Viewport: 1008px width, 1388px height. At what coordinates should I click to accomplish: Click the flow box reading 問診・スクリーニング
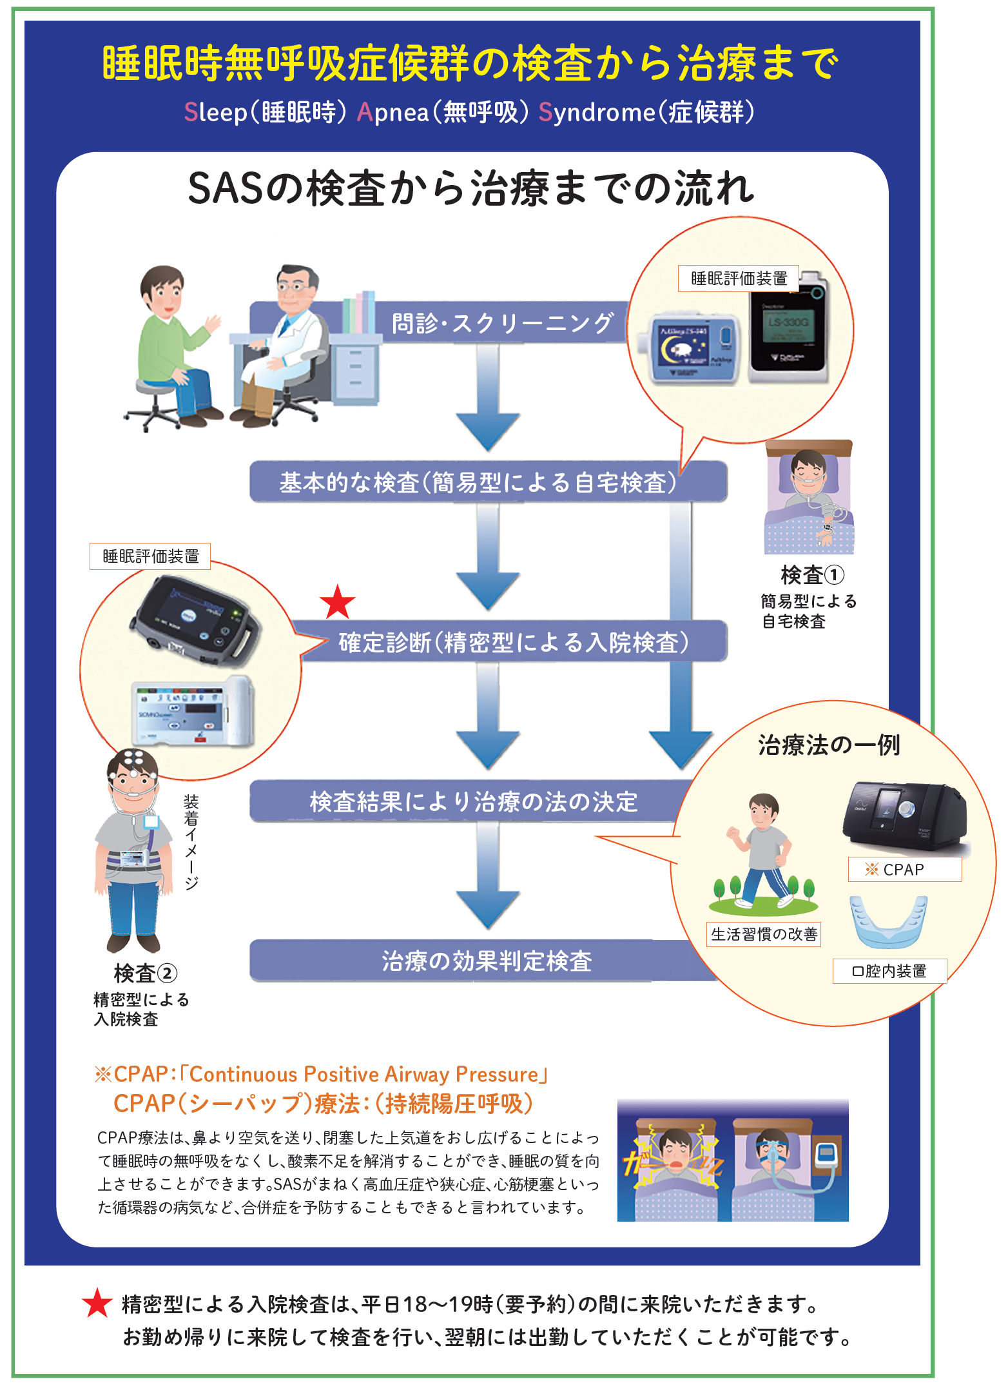tap(501, 322)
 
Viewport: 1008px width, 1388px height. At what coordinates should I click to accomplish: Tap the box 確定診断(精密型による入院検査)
tap(513, 641)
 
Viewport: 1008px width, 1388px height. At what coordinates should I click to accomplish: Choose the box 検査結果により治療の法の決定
tap(473, 801)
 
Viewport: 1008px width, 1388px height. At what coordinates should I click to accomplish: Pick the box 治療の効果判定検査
tap(486, 961)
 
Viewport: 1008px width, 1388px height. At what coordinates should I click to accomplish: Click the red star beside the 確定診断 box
tap(338, 602)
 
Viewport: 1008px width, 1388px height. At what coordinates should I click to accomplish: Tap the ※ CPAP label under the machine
tap(904, 869)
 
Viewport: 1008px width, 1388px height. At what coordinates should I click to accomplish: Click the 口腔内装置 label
tap(889, 971)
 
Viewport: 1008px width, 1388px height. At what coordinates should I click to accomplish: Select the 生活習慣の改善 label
tap(764, 933)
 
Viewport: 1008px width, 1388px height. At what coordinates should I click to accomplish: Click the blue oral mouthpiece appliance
tap(889, 921)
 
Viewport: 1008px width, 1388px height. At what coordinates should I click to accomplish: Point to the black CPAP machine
tap(905, 816)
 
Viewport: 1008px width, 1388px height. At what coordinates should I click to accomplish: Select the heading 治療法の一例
tap(829, 745)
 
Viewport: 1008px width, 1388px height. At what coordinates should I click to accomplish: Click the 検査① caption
tap(811, 574)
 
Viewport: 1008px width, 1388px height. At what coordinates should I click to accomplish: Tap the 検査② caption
tap(145, 973)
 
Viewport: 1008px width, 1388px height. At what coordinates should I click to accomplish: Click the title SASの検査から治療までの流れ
tap(470, 189)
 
